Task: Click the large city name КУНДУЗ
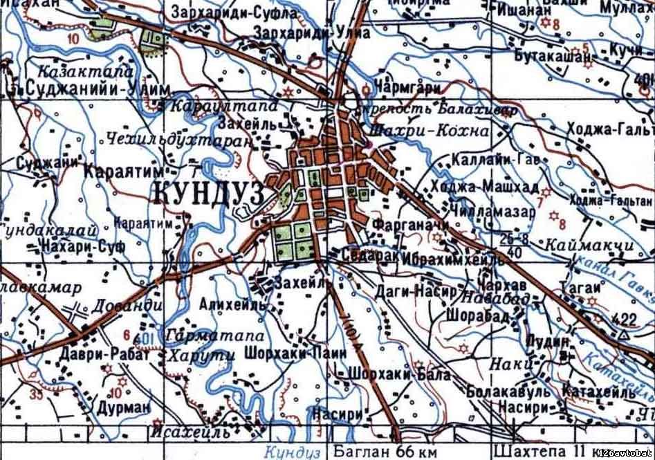[206, 192]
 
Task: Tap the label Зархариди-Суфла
[234, 13]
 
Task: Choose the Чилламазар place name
[492, 212]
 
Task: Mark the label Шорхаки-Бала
[401, 374]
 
